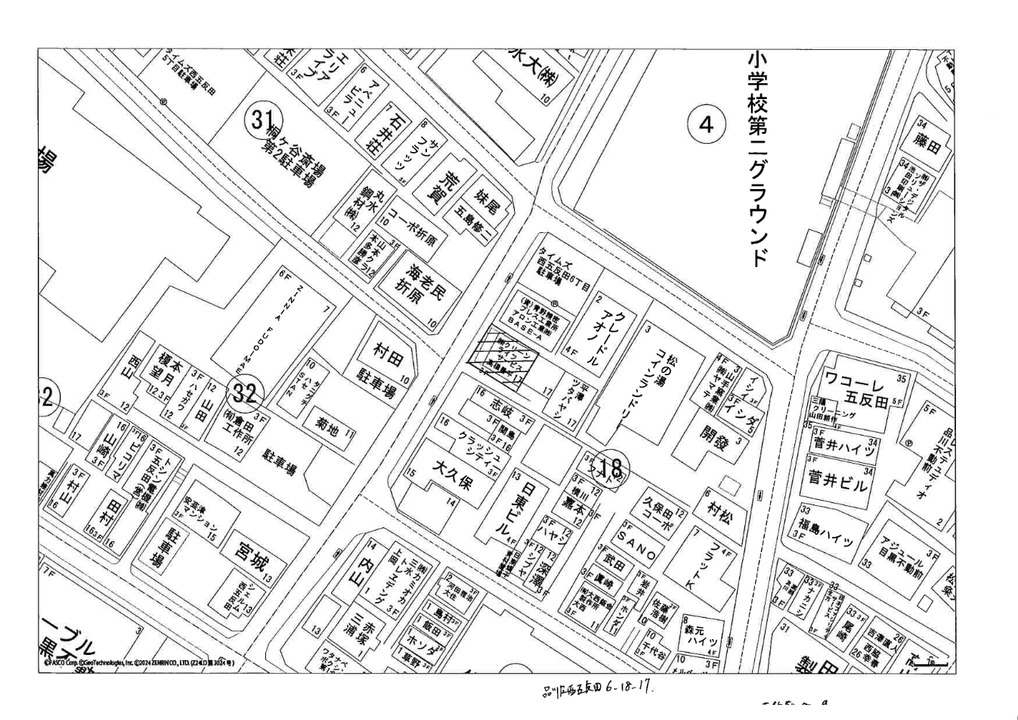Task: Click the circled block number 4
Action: pos(706,124)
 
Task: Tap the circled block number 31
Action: pos(260,119)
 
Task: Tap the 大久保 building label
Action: pos(450,476)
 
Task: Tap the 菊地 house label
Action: pos(325,429)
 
